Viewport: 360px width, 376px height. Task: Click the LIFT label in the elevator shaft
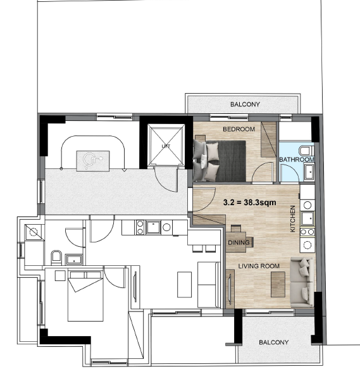pos(166,146)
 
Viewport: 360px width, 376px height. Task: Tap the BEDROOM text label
pos(239,129)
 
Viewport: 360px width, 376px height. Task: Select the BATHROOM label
pos(297,160)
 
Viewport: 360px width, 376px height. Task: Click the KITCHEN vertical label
pos(293,218)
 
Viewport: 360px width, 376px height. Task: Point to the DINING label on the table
pos(239,242)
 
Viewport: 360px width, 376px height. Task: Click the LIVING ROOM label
pos(259,266)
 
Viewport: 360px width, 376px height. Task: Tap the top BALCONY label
pos(245,104)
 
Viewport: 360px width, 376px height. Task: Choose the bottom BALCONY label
pos(274,342)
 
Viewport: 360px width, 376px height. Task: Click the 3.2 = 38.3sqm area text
pos(249,203)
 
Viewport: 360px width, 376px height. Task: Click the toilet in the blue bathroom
pos(306,151)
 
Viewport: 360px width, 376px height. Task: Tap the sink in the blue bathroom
pos(309,172)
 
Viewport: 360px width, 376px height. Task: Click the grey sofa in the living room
pos(302,282)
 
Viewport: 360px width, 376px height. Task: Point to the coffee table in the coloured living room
pos(278,284)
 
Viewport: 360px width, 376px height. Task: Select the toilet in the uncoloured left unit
pos(56,258)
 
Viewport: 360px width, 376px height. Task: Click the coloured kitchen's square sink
pos(307,218)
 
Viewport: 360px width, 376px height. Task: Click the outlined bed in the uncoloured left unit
pos(85,296)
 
